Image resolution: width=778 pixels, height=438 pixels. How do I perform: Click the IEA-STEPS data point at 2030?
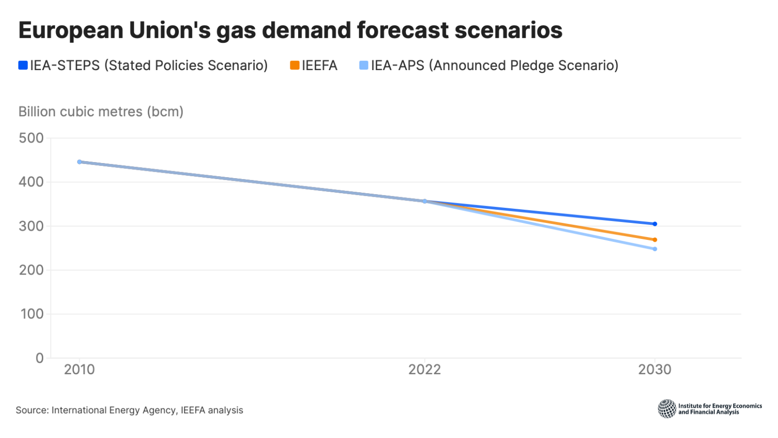point(654,224)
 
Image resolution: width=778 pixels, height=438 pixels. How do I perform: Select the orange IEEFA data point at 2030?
point(654,239)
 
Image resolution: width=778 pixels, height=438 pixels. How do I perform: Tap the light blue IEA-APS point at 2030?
point(654,249)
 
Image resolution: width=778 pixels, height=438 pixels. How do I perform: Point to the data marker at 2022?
point(424,201)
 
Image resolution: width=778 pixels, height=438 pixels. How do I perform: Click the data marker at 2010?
point(80,162)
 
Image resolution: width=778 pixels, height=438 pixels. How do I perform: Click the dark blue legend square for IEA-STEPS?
point(23,65)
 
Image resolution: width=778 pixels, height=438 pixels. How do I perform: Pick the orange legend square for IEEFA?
point(294,65)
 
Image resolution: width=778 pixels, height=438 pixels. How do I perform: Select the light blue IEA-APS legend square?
point(364,65)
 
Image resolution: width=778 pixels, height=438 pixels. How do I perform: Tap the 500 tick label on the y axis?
point(31,138)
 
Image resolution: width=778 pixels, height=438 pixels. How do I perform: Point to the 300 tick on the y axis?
point(31,226)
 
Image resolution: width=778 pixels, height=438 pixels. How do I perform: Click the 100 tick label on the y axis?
point(32,314)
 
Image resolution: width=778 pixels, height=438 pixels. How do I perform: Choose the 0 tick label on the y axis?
point(39,358)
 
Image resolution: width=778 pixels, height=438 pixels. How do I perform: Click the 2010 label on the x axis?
point(80,369)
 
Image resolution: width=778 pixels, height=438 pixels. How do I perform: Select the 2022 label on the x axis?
point(424,369)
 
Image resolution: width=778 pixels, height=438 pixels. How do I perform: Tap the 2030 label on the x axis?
point(654,369)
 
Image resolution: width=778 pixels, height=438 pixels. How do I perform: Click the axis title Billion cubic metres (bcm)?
point(101,111)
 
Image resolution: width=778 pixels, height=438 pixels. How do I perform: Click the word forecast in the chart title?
point(403,30)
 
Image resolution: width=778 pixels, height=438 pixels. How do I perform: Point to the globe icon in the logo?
point(667,409)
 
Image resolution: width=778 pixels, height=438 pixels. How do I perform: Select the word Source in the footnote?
point(31,410)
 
